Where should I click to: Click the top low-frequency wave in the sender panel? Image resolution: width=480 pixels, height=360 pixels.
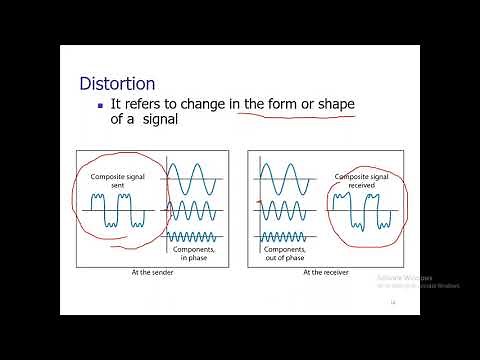click(195, 180)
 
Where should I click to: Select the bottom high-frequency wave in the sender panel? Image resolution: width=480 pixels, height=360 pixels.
click(195, 237)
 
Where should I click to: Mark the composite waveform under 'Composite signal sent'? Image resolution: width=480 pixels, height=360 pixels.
click(117, 212)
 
